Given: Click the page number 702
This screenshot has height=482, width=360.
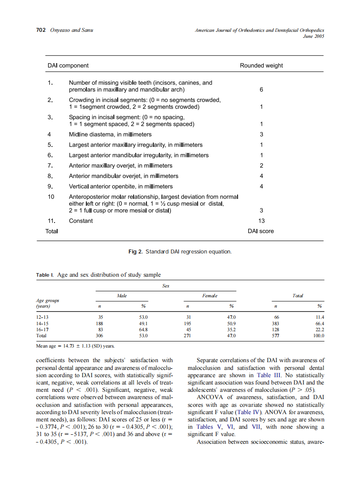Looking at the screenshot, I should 41,30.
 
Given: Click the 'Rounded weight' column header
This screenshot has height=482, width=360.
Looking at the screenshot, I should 261,66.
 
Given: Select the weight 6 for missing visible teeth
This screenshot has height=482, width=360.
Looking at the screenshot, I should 261,90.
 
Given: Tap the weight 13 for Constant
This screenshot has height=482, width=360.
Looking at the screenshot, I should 261,221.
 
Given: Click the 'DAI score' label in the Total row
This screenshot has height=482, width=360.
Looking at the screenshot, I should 261,231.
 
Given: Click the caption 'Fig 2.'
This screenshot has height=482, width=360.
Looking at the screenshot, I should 135,251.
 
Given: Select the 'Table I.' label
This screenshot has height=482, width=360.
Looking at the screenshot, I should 45,275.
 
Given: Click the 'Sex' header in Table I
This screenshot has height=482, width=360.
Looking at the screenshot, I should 166,285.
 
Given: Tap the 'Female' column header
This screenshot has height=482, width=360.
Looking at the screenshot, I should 210,296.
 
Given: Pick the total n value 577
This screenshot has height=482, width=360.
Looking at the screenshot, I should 276,336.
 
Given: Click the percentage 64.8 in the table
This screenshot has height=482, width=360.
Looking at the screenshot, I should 143,329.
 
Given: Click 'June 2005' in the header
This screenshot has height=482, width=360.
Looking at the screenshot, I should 313,37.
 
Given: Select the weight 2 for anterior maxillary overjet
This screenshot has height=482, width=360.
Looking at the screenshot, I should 261,166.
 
